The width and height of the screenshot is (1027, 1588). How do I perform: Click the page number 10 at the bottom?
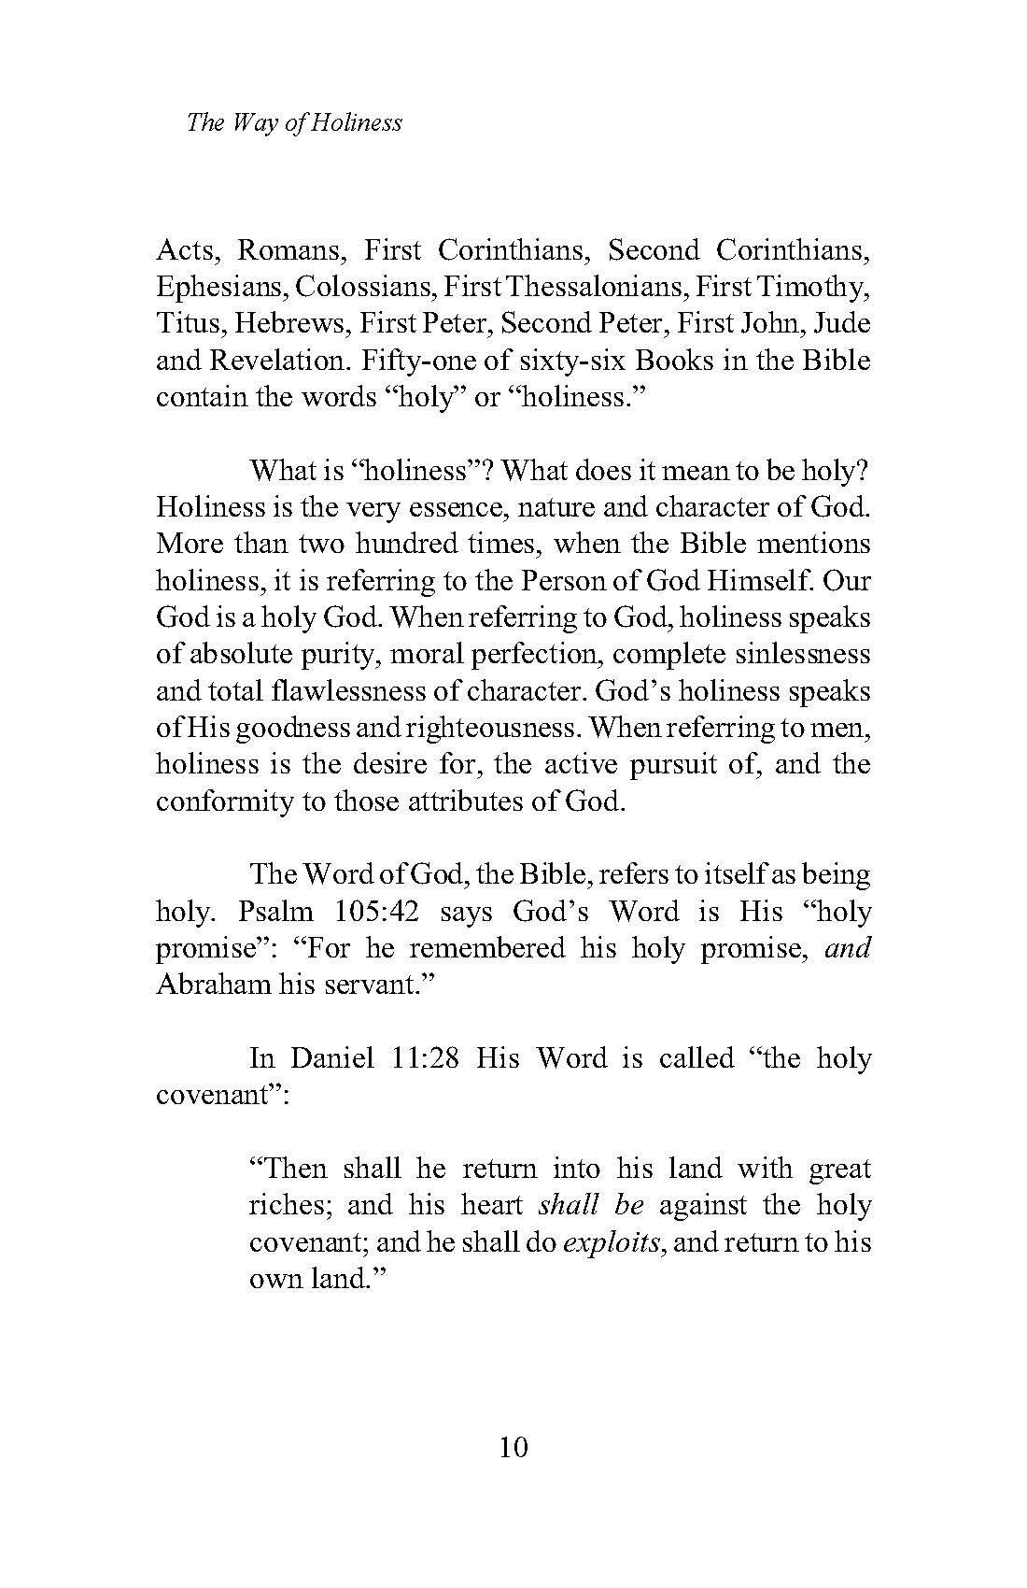(514, 1447)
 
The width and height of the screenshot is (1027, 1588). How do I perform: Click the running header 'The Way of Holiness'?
(294, 122)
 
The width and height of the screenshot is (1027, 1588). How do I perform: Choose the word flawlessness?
(344, 691)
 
